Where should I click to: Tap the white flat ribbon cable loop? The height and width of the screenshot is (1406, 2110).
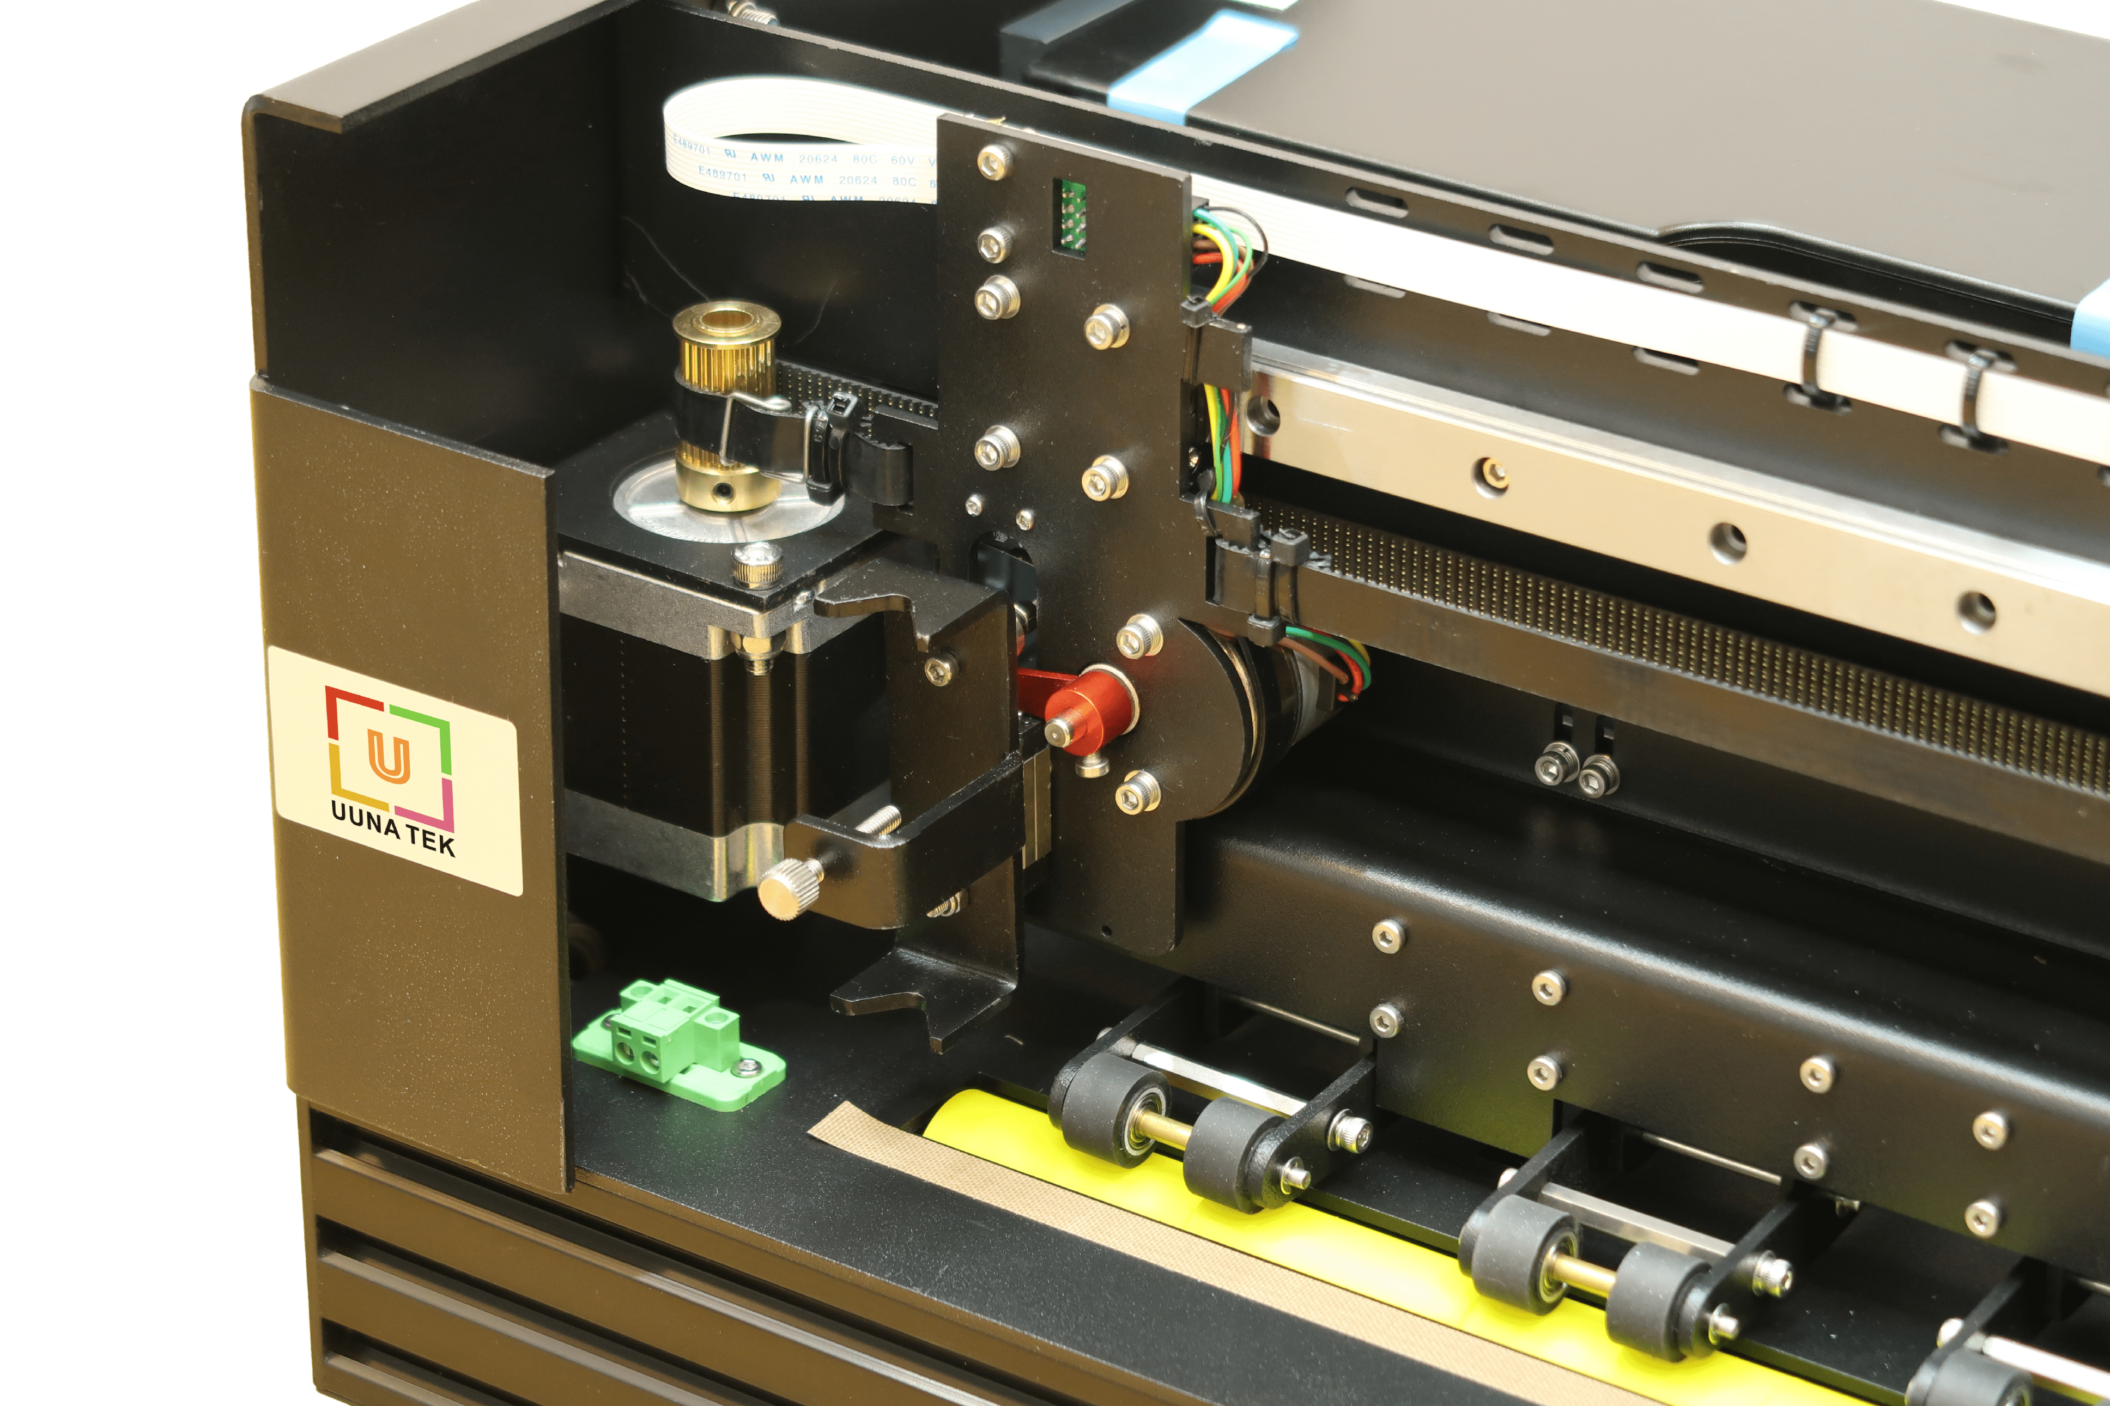pos(789,157)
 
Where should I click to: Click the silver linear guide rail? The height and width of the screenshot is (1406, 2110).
pos(1659,502)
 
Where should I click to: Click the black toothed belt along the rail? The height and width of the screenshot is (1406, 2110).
pos(1704,646)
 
